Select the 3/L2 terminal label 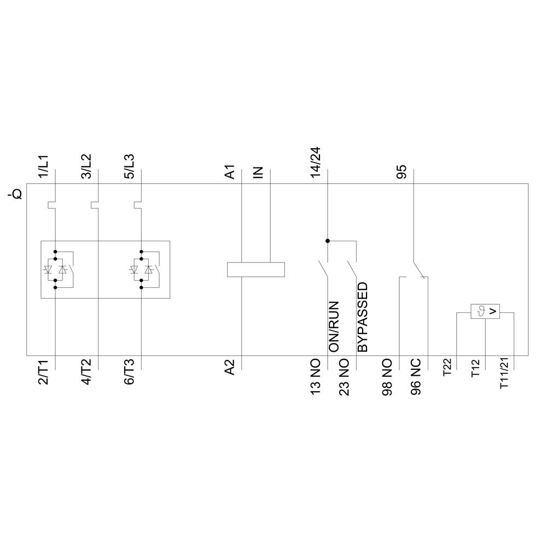pyautogui.click(x=87, y=164)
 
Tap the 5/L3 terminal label pyautogui.click(x=130, y=164)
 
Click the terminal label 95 pyautogui.click(x=402, y=172)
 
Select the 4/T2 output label pyautogui.click(x=87, y=373)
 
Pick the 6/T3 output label pyautogui.click(x=130, y=373)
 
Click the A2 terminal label pyautogui.click(x=231, y=366)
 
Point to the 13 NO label pyautogui.click(x=316, y=377)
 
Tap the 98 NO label pyautogui.click(x=387, y=377)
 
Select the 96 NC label pyautogui.click(x=416, y=377)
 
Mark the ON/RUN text pyautogui.click(x=334, y=326)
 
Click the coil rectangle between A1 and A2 pyautogui.click(x=256, y=269)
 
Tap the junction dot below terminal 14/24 pyautogui.click(x=328, y=241)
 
